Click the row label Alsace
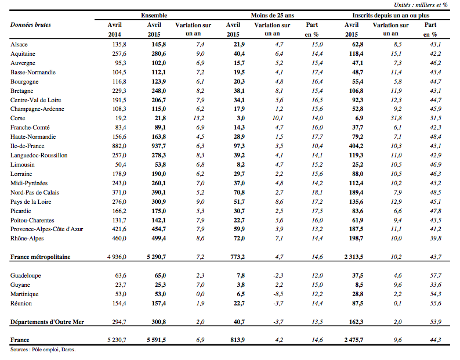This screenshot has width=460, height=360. pos(19,44)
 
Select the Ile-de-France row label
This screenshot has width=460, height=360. pos(27,146)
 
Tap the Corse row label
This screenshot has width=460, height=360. pos(17,118)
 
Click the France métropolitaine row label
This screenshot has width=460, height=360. pos(41,257)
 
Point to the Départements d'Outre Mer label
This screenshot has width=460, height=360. pos(47,322)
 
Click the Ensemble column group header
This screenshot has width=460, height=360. pos(154,15)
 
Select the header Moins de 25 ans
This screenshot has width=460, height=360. pos(272,15)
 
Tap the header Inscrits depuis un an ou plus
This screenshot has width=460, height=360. pos(391,15)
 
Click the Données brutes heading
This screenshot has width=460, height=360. pos(31,24)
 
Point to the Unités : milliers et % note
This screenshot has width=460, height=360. pos(421,5)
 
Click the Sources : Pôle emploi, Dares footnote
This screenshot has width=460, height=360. pos(43,350)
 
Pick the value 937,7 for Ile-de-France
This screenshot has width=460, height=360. pos(158,146)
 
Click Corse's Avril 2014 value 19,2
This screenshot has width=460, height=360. pos(121,118)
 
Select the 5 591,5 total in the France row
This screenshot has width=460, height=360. pos(156,340)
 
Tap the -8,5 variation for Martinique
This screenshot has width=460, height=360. pos(278,294)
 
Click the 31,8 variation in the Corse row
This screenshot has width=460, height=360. pos(396,118)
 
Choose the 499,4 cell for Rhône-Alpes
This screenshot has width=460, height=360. pos(158,238)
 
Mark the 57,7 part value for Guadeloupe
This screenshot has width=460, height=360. pos(436,275)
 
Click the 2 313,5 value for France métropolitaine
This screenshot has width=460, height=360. pos(353,257)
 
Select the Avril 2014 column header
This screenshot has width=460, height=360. pos(114,30)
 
